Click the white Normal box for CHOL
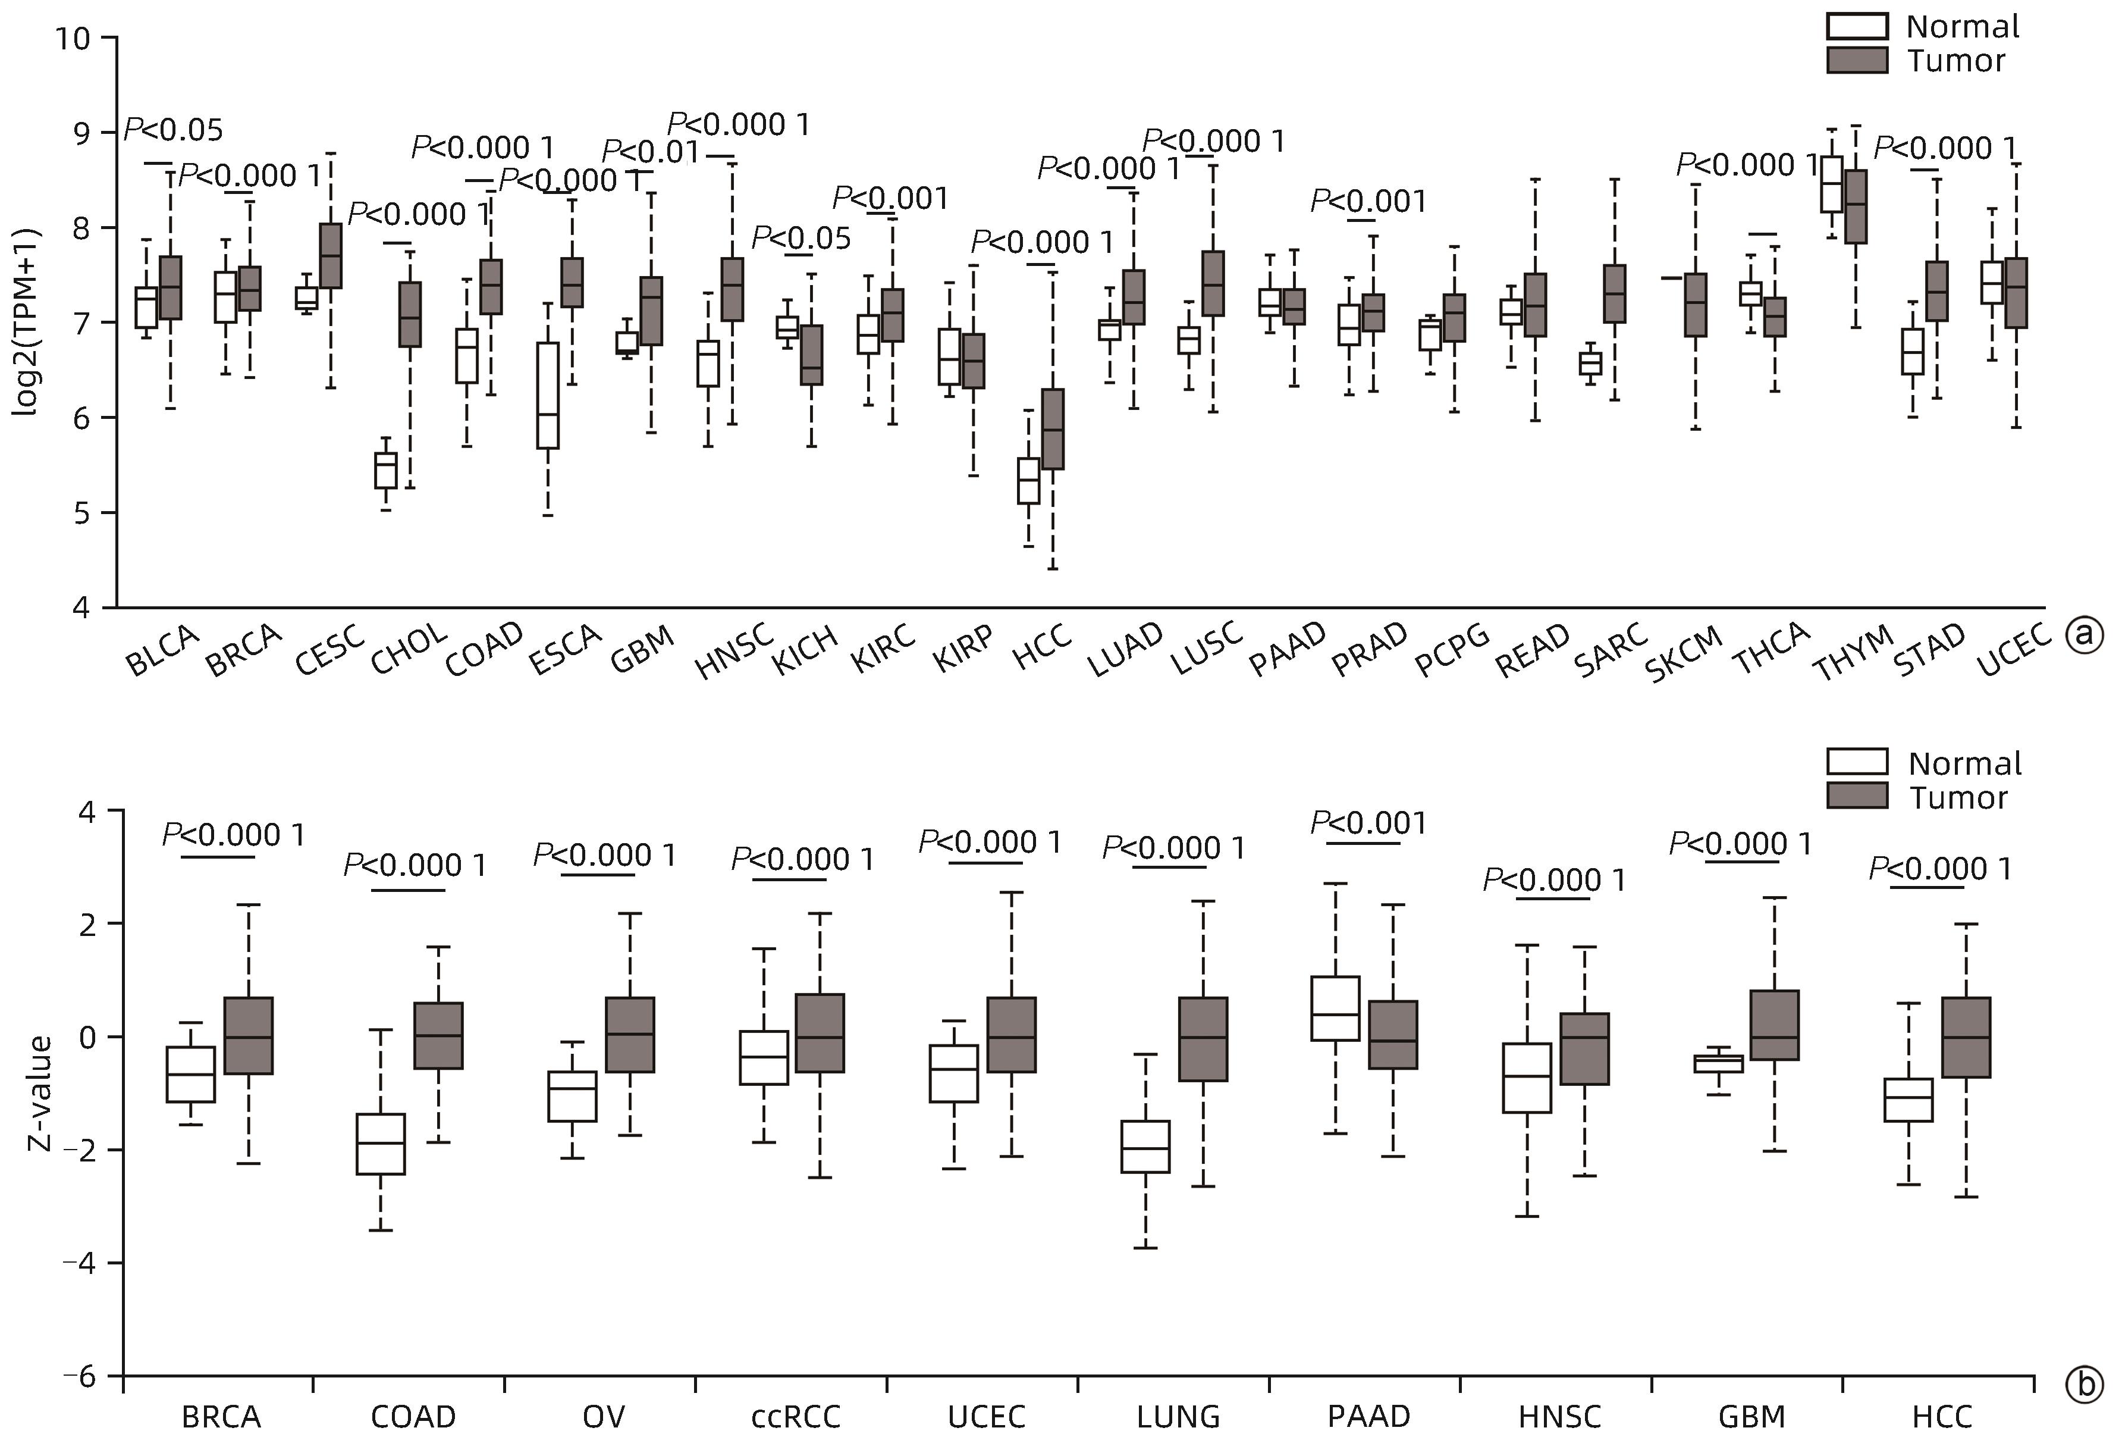[x=386, y=471]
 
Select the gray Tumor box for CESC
[x=329, y=256]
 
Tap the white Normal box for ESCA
[x=548, y=396]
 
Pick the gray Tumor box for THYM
[x=1856, y=206]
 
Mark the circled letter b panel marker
[x=2085, y=1386]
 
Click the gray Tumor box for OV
[x=630, y=1035]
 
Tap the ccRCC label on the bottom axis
[x=795, y=1417]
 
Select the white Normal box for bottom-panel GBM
[x=1718, y=1063]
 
